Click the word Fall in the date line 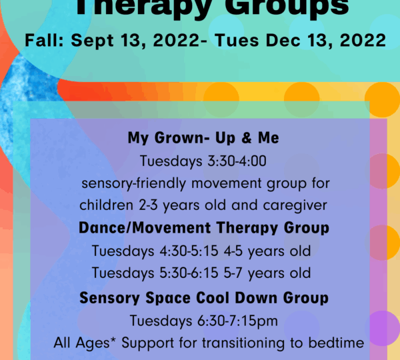pos(44,40)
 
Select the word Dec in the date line pos(283,40)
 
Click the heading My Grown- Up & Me pos(203,138)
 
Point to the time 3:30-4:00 pos(237,161)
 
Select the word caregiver pos(295,205)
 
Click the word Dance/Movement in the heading pos(145,227)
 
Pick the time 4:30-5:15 pos(189,251)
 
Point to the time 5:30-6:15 pos(189,273)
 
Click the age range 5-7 pos(233,273)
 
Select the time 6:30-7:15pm pos(237,321)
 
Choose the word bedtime pos(336,343)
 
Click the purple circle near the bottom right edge pos(383,328)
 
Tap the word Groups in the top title pos(287,7)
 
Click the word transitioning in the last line pos(243,343)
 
